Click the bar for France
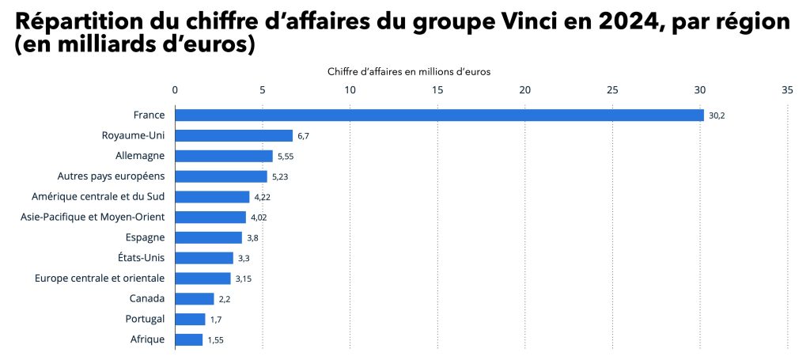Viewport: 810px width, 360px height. [439, 116]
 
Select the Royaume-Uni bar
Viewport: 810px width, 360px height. [233, 136]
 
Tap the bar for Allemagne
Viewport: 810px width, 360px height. [223, 157]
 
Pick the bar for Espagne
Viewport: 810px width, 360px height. [208, 237]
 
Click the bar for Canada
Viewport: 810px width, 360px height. [194, 298]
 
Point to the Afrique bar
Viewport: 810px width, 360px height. [188, 339]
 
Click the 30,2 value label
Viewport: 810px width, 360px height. [717, 116]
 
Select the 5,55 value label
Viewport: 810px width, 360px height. [286, 157]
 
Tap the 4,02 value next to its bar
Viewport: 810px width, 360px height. [259, 218]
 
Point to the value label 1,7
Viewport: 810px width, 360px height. [215, 319]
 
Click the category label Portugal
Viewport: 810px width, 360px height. [146, 319]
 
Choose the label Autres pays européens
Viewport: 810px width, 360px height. [112, 176]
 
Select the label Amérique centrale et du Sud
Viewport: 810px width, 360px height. [99, 196]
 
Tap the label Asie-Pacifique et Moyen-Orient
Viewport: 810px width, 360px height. [93, 217]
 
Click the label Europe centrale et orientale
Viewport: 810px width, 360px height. [100, 278]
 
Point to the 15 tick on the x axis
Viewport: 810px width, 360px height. [437, 90]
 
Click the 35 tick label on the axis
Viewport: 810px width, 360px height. [786, 90]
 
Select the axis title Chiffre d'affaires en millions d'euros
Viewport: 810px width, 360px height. [409, 71]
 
